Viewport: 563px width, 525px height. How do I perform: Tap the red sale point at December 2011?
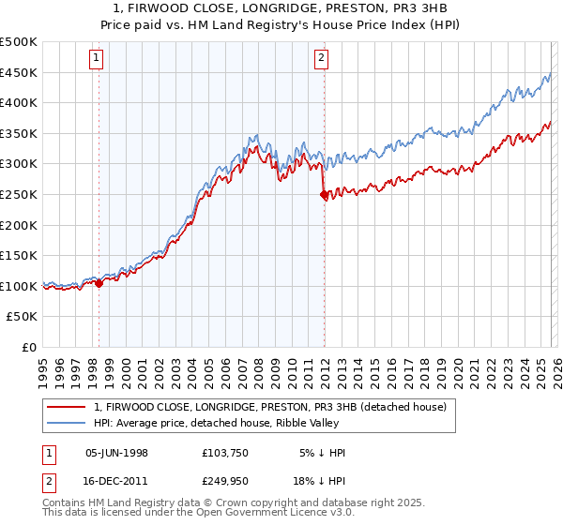[x=324, y=195]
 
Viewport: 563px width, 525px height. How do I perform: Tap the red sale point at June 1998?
[x=99, y=283]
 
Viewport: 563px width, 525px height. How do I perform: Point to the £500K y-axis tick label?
[x=19, y=42]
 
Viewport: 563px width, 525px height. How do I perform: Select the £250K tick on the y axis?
[x=19, y=195]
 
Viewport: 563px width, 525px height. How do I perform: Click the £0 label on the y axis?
[x=30, y=348]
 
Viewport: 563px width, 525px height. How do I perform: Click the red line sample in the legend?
[x=68, y=407]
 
